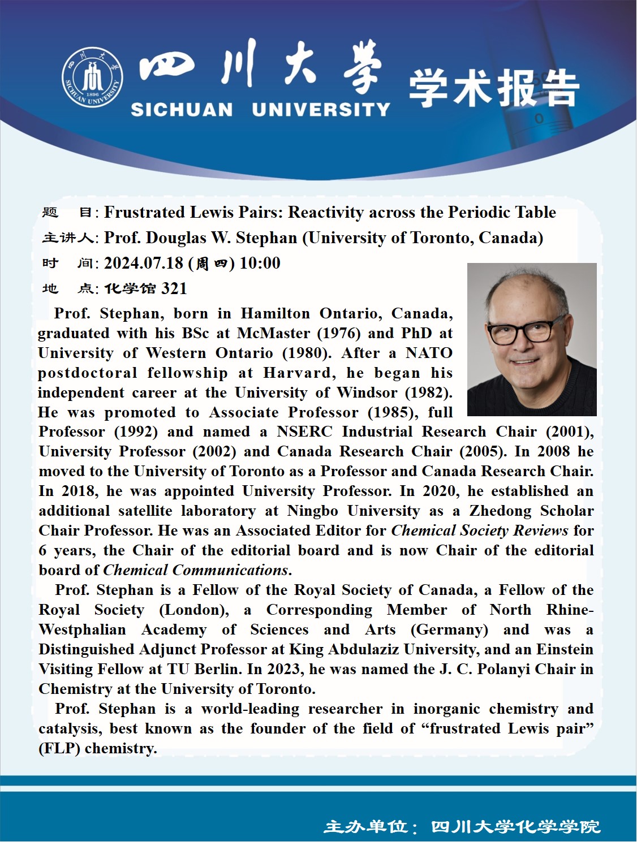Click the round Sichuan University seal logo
pos(92,77)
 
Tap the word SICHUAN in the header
pos(182,109)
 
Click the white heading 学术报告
pos(494,88)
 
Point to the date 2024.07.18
pos(144,263)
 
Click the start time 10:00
pos(260,263)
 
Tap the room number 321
pos(174,288)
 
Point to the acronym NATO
pos(429,353)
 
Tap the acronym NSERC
pos(304,432)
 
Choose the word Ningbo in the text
pos(312,511)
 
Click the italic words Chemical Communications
pos(196,570)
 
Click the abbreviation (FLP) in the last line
pos(59,748)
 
